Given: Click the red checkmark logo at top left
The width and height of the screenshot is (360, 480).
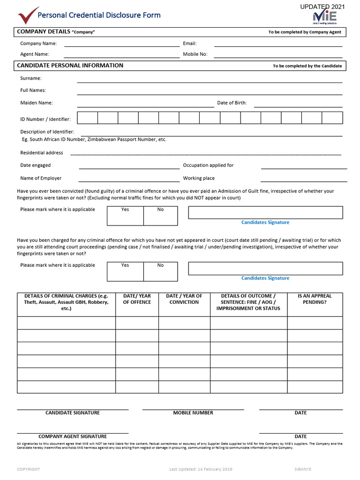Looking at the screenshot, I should (28, 15).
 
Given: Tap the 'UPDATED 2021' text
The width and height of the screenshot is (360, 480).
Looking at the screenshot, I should (322, 7).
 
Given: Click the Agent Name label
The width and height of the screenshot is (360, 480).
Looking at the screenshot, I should (34, 54).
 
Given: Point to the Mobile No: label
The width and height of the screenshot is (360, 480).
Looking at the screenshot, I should (195, 54).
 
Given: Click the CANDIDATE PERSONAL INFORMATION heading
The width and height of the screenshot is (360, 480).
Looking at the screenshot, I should (70, 66).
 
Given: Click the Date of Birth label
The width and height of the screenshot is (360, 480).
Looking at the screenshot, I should (232, 103).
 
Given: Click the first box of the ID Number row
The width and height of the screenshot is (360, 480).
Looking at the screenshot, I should (87, 118).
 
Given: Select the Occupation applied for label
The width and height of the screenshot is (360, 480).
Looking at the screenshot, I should (208, 165).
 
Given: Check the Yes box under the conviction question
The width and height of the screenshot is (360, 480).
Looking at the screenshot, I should (125, 216).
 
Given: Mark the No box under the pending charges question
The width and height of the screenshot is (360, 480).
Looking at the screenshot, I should (160, 271).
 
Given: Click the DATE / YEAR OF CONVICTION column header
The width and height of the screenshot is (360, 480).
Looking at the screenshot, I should (184, 299).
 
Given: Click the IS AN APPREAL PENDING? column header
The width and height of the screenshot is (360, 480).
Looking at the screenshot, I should (315, 299).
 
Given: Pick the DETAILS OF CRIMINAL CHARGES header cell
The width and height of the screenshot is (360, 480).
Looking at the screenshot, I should (66, 302).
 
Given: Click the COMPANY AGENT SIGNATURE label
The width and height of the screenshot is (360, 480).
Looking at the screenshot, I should (73, 436).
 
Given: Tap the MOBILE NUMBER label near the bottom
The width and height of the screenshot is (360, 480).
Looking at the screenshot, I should (193, 413).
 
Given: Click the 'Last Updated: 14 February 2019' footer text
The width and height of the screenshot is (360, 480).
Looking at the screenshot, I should (201, 469).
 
